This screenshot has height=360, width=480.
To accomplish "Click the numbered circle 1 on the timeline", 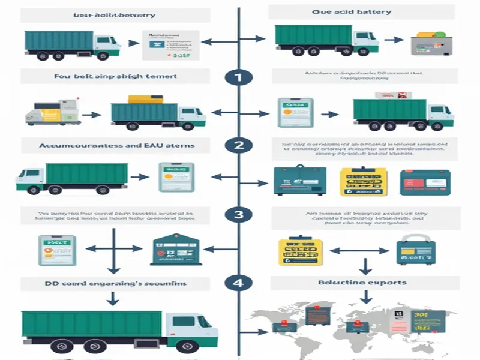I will pos(238,77).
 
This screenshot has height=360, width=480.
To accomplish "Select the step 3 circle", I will pos(238,214).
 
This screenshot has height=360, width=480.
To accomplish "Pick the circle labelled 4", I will pos(238,281).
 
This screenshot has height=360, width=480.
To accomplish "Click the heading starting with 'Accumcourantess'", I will pos(116,145).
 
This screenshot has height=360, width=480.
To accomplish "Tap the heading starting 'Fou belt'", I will pos(116,76).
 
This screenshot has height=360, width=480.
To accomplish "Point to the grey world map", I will pos(360,327).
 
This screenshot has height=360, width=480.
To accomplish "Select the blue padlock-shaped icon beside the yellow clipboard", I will pos(413,251).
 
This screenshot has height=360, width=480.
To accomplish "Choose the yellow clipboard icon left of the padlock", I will pos(299,251).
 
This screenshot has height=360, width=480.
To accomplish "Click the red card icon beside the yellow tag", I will pos(425,181).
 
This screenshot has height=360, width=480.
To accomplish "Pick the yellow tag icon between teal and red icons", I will pos(360,181).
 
